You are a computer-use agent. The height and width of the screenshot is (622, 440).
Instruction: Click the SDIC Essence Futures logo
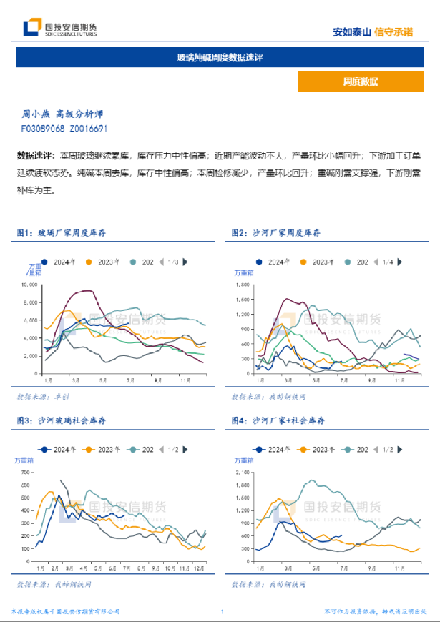(x=60, y=29)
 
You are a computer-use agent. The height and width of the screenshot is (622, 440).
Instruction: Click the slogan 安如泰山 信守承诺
(x=373, y=32)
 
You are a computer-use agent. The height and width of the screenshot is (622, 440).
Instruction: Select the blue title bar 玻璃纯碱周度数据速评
(x=220, y=57)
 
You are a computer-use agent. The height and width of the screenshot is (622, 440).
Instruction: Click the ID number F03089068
(x=43, y=129)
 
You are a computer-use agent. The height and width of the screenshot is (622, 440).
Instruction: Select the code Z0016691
(x=89, y=129)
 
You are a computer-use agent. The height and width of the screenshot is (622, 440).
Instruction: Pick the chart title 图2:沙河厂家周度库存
(x=276, y=233)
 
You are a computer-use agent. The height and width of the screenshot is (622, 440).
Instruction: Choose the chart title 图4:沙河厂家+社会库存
(x=278, y=421)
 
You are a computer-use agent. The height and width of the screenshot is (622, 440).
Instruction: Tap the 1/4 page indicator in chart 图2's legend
(x=388, y=262)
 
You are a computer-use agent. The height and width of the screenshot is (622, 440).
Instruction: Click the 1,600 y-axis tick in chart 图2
(x=244, y=284)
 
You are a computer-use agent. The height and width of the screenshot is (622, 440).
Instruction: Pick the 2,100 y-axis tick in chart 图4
(x=244, y=473)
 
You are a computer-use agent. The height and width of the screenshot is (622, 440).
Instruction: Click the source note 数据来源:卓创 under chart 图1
(x=43, y=396)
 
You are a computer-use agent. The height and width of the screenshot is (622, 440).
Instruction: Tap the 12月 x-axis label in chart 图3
(x=197, y=568)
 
